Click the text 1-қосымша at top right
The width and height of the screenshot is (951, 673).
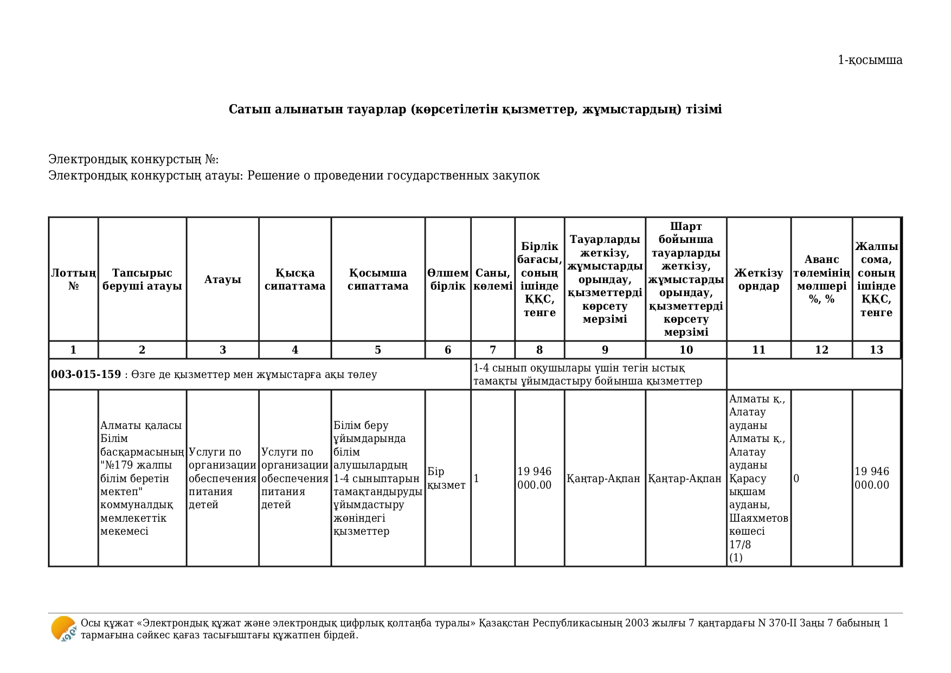click(x=870, y=60)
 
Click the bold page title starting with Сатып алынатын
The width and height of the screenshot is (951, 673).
click(x=475, y=109)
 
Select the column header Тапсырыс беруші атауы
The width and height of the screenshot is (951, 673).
click(x=142, y=279)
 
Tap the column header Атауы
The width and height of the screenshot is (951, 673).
click(x=222, y=279)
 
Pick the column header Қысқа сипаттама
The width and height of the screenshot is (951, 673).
click(x=295, y=279)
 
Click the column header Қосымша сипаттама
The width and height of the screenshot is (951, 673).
click(x=378, y=279)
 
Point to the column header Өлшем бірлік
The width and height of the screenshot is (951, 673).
click(x=448, y=279)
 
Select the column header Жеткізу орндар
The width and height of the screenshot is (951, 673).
click(x=759, y=279)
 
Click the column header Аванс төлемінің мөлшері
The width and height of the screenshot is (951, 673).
click(x=821, y=279)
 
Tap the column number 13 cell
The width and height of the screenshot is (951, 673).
click(x=876, y=350)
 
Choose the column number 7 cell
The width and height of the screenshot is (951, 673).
click(x=492, y=350)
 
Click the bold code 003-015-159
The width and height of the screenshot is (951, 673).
click(x=86, y=374)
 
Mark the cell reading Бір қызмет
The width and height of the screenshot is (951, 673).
click(x=446, y=478)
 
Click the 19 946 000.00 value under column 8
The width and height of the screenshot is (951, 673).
click(x=535, y=478)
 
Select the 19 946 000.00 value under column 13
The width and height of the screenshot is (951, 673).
click(x=872, y=478)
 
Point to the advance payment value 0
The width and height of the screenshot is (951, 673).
click(x=796, y=478)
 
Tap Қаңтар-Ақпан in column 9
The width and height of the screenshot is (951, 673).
click(x=603, y=478)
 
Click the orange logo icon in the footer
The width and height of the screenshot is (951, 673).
click(x=63, y=629)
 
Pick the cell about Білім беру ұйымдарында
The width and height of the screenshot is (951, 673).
click(x=377, y=478)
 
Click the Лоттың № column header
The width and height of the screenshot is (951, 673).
click(x=74, y=279)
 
